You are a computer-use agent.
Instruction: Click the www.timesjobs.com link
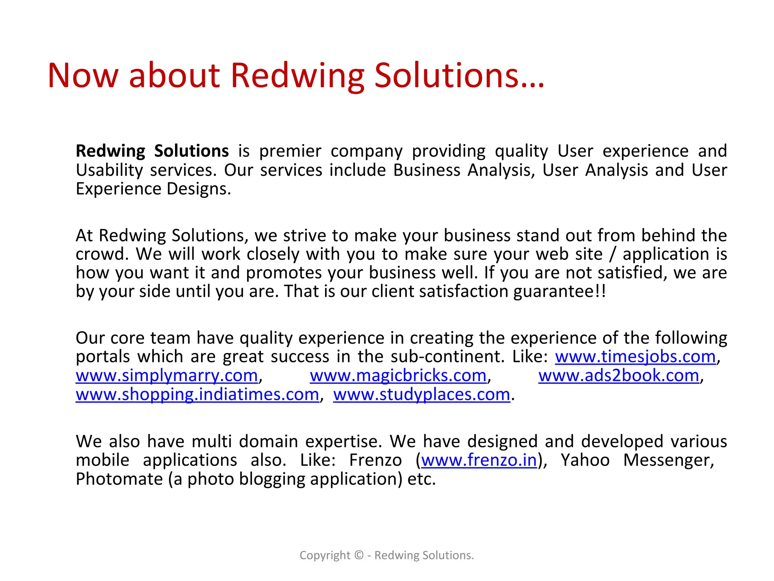635,357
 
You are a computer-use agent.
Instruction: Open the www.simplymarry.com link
167,376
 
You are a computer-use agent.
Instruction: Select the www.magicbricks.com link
398,376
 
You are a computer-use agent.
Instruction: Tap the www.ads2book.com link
619,376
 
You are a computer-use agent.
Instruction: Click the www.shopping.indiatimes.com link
197,395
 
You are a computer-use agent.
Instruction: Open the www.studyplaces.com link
421,395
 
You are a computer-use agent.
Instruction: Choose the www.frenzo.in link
479,460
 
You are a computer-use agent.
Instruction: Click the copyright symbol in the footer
359,555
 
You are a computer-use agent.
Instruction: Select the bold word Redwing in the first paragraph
110,151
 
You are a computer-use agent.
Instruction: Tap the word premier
290,151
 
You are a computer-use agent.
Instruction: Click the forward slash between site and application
613,254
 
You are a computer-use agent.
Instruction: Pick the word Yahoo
585,460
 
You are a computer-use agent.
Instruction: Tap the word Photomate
119,479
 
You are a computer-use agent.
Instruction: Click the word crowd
100,254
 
